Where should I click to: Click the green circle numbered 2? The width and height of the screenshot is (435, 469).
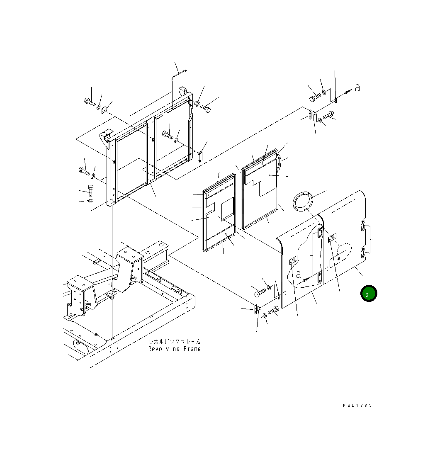point(369,294)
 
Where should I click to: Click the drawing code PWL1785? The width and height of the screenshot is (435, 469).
point(357,406)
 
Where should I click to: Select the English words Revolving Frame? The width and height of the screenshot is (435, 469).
point(175,349)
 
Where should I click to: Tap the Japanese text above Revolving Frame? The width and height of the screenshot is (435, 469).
point(175,342)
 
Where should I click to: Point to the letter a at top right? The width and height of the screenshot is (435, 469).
point(357,88)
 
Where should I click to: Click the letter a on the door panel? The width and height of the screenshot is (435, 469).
point(298,274)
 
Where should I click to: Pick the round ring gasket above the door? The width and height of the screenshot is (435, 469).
point(303,201)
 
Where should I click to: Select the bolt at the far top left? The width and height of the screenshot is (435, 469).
point(90,102)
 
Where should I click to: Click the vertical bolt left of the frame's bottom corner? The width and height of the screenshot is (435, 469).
point(91,191)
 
